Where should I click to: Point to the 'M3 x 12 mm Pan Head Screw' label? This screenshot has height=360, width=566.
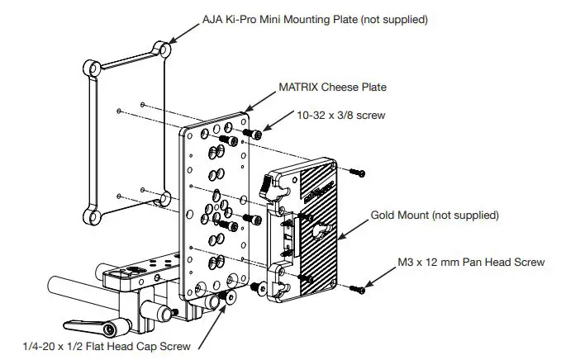tap(468, 263)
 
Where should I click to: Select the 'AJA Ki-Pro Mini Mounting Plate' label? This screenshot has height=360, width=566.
tap(316, 18)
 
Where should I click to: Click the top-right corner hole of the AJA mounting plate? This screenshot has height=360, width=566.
tap(165, 50)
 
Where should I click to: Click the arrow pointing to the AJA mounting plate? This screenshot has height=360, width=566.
tap(186, 31)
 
